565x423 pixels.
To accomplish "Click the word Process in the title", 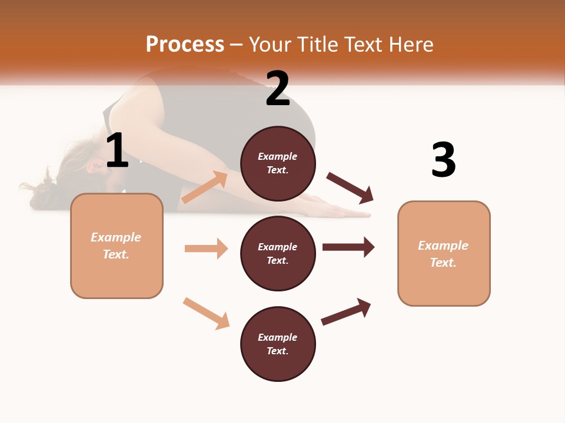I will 185,45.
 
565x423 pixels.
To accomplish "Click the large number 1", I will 117,151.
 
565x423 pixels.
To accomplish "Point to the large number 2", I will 278,89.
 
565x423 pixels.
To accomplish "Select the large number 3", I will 444,160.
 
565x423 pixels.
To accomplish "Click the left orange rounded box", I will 117,246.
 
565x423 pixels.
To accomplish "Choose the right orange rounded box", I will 444,253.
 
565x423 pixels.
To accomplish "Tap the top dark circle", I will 278,163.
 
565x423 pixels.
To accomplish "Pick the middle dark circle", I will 278,253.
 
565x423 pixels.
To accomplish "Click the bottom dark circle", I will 278,344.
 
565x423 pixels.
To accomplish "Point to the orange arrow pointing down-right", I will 206,313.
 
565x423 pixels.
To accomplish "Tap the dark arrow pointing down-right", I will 350,188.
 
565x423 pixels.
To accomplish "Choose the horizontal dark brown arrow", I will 348,247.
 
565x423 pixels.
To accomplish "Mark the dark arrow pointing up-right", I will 346,311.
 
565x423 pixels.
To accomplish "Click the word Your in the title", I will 271,45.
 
